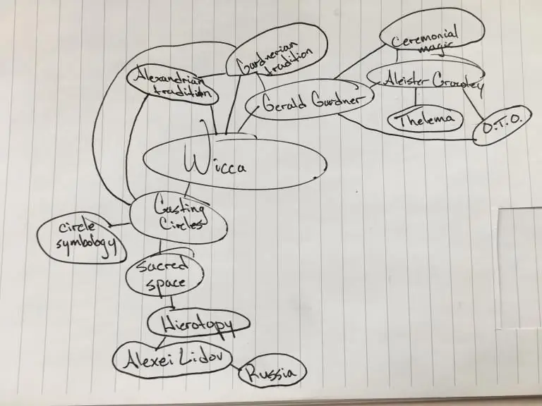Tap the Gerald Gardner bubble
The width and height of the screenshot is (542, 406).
pyautogui.click(x=308, y=102)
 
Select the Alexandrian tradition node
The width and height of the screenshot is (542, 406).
pyautogui.click(x=172, y=84)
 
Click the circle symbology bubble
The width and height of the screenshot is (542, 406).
pyautogui.click(x=77, y=240)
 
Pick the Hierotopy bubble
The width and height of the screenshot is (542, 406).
pyautogui.click(x=199, y=323)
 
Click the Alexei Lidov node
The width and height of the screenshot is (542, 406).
pyautogui.click(x=174, y=359)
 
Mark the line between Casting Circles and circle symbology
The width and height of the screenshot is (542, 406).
pyautogui.click(x=120, y=225)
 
